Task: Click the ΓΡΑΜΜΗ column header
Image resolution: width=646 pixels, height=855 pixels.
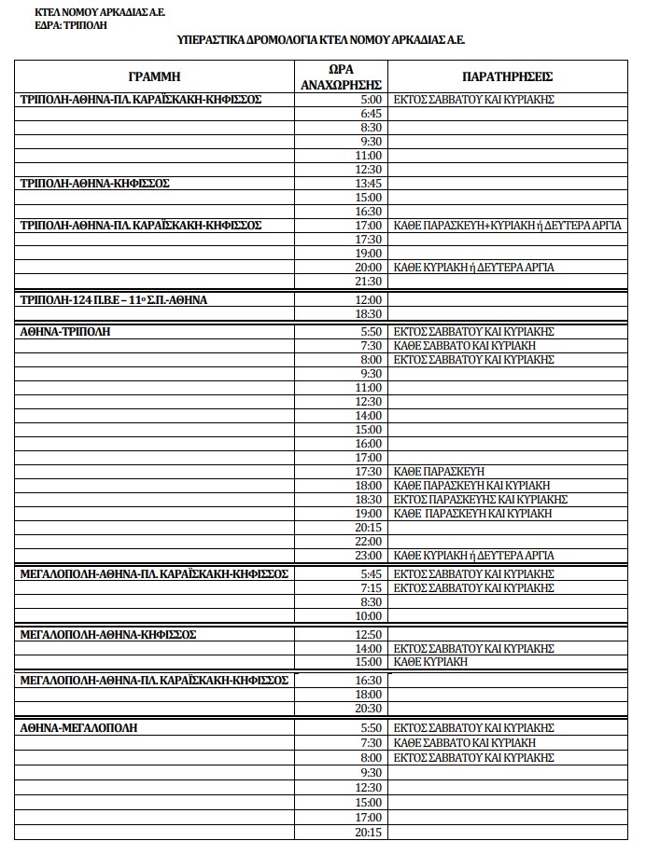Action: tap(154, 76)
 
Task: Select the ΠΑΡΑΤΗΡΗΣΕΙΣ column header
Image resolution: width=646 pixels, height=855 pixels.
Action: tap(508, 76)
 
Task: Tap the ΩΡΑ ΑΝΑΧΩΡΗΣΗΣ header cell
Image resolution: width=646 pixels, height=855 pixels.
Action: tap(341, 76)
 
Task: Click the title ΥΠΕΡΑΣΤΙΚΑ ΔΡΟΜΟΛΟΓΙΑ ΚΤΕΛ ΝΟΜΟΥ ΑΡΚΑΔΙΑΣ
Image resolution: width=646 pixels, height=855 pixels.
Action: tap(321, 40)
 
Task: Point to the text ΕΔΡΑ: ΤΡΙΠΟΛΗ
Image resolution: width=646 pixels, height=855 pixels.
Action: tap(70, 25)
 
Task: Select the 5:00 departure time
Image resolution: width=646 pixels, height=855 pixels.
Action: tap(371, 99)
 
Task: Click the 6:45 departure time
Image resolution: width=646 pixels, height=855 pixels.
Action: tap(371, 113)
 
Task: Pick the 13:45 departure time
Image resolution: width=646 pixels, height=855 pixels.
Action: tap(369, 184)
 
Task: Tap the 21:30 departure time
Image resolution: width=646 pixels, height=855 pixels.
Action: tap(369, 282)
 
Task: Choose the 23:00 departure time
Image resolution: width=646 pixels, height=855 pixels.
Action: tap(369, 556)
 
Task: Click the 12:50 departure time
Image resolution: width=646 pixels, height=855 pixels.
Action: tap(369, 635)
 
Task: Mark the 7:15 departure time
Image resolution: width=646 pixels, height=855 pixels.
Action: tap(371, 588)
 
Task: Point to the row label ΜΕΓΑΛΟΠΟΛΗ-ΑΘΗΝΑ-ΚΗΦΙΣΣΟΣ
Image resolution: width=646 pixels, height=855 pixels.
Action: tap(108, 635)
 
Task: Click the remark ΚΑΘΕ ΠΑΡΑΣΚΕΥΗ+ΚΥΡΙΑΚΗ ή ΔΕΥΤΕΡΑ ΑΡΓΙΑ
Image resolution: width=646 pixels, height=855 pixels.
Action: tap(508, 226)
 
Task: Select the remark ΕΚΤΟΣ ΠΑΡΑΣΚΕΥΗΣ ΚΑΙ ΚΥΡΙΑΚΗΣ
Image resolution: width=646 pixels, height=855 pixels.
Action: tap(481, 500)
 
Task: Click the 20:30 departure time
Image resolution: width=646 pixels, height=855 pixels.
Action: tap(369, 709)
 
